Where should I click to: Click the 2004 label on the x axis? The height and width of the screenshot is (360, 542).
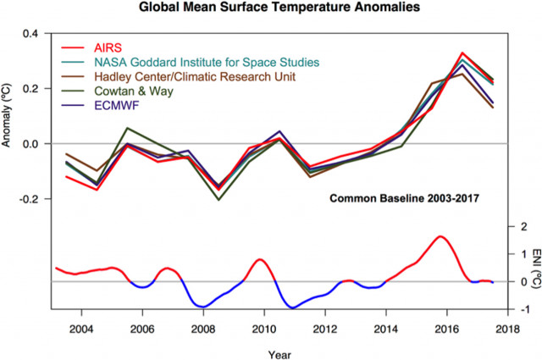[81, 328]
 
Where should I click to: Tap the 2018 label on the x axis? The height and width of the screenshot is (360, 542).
[507, 328]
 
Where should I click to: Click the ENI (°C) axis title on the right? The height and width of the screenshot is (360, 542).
[534, 269]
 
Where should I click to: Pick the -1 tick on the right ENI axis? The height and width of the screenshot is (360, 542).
[512, 309]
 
